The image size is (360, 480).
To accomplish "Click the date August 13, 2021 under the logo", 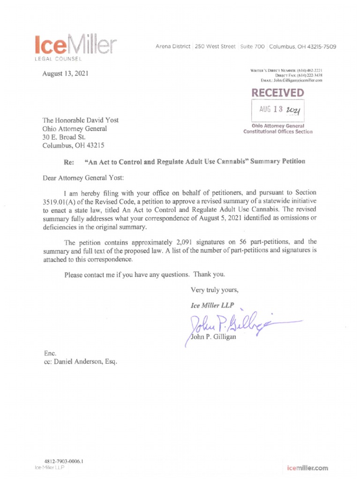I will click(x=65, y=74).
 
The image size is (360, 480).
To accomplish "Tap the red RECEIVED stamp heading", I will click(x=277, y=93).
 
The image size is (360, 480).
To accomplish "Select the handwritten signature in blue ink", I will click(x=234, y=323).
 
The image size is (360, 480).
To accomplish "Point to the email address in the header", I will click(x=300, y=80).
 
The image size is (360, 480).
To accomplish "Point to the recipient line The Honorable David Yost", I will click(x=80, y=120).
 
